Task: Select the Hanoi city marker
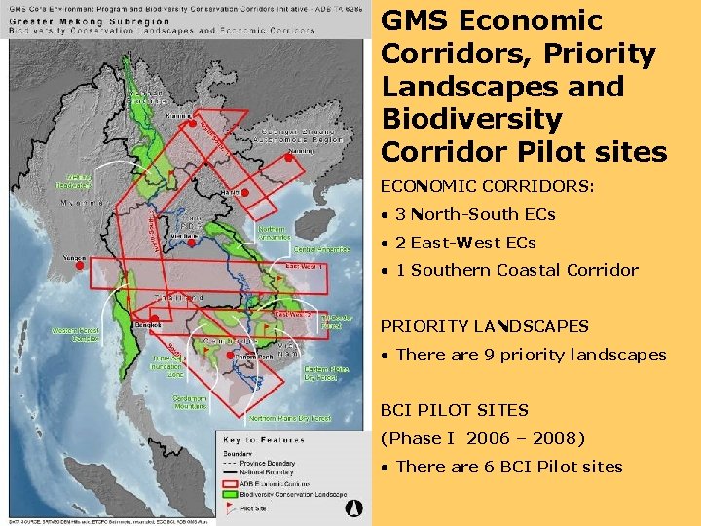click(245, 193)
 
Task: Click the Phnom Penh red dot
click(230, 357)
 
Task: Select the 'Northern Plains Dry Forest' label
click(290, 418)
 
